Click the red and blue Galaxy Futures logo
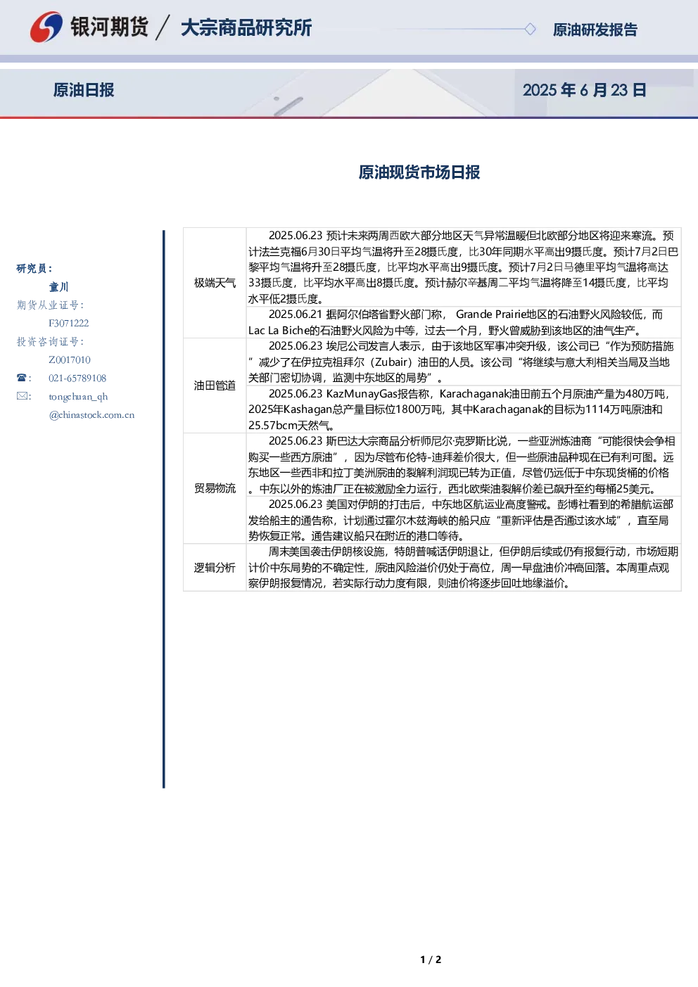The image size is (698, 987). coord(46,27)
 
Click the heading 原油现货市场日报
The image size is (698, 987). coord(419,172)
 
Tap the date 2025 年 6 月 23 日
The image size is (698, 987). coord(584,90)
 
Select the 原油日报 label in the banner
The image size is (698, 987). coord(84,90)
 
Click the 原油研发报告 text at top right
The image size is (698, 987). coord(595,30)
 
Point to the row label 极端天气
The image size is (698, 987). coord(215,283)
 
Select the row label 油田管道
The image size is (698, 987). coord(215,386)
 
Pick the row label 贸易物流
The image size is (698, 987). coord(215,488)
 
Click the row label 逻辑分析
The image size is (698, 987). coord(215,568)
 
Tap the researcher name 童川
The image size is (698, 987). coord(58,287)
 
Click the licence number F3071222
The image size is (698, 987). coord(69,323)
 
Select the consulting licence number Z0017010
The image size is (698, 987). coord(70,359)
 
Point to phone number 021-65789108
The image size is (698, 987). coord(77,378)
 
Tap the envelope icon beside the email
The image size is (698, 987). coord(22,395)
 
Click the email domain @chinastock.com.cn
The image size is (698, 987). coord(91,414)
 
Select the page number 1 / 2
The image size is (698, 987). coord(431,960)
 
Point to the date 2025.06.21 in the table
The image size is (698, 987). coord(296,314)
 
